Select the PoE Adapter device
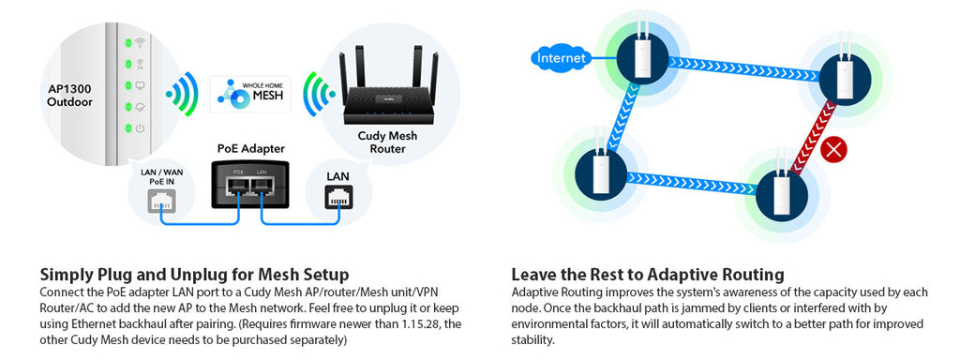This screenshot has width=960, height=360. [250, 183]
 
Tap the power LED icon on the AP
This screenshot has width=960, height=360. [140, 128]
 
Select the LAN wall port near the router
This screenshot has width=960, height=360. [337, 196]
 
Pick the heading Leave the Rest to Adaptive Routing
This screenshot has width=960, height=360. [647, 275]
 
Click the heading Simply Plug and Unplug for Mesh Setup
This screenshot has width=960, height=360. [194, 275]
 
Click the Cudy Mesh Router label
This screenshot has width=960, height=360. [387, 142]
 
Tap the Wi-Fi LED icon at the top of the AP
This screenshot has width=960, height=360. [140, 42]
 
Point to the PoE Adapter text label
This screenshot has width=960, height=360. [250, 148]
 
